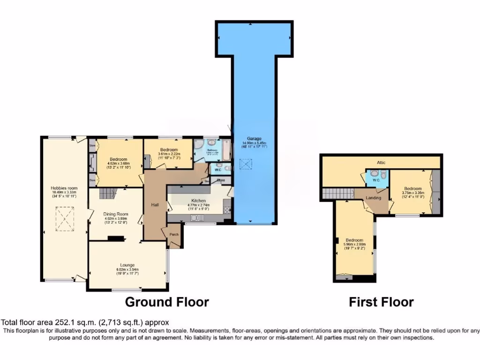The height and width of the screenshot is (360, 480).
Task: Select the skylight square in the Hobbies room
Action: [64, 219]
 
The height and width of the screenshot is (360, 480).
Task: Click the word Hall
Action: [155, 205]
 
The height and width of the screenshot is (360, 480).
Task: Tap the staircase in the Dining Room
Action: [108, 193]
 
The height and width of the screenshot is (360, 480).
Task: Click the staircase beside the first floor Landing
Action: [337, 193]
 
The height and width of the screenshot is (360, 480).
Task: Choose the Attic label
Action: [381, 162]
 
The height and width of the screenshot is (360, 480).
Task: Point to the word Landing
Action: [374, 198]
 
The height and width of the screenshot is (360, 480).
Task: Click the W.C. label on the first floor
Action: [376, 180]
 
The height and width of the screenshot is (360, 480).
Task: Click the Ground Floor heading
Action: [166, 302]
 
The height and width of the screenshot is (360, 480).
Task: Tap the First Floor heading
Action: [381, 302]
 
